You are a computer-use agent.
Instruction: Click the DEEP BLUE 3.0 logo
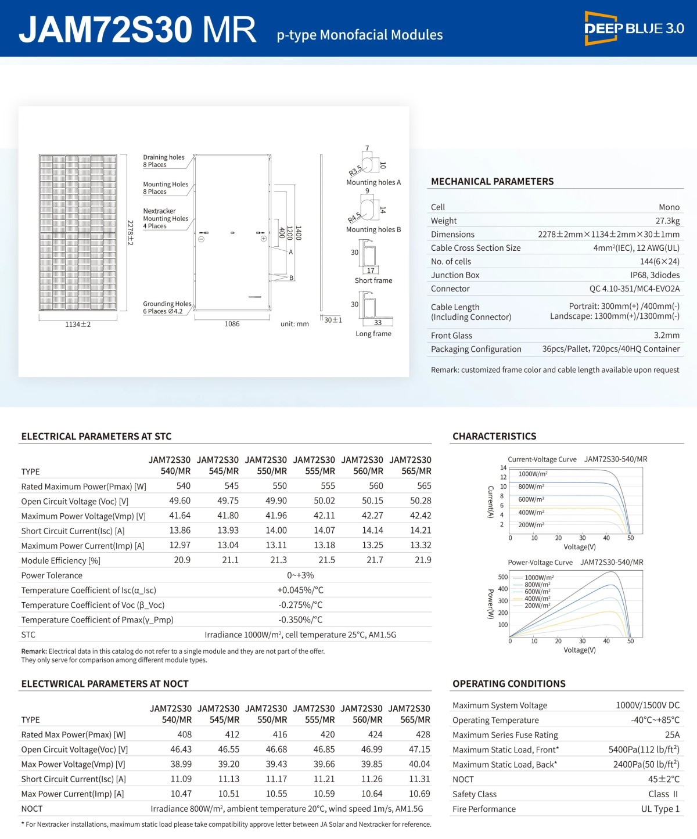click(x=634, y=28)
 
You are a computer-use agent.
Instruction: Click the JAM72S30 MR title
click(x=138, y=29)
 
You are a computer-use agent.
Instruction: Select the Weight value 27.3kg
click(x=667, y=221)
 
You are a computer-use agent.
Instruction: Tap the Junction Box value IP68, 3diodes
click(x=655, y=275)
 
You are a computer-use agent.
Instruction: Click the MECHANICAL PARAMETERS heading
click(x=492, y=182)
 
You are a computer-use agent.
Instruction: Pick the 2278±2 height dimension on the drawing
click(x=130, y=232)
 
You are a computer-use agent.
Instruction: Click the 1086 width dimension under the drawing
click(x=232, y=324)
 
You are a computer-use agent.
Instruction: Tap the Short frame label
click(x=373, y=280)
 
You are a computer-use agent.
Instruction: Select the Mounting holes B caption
click(x=373, y=230)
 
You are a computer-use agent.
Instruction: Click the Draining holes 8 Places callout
click(x=163, y=161)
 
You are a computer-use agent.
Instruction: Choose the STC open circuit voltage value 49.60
click(x=179, y=501)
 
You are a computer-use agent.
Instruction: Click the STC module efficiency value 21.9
click(x=423, y=560)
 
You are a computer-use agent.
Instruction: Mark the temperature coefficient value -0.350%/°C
click(x=300, y=620)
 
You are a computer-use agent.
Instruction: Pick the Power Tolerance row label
click(x=52, y=575)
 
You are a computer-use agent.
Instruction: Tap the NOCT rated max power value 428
click(x=423, y=734)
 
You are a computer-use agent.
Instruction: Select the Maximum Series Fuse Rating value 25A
click(x=672, y=735)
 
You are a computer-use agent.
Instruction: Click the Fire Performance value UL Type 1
click(x=660, y=809)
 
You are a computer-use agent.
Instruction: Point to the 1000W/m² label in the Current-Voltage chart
click(x=533, y=474)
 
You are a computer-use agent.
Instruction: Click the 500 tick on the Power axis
click(x=503, y=577)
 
